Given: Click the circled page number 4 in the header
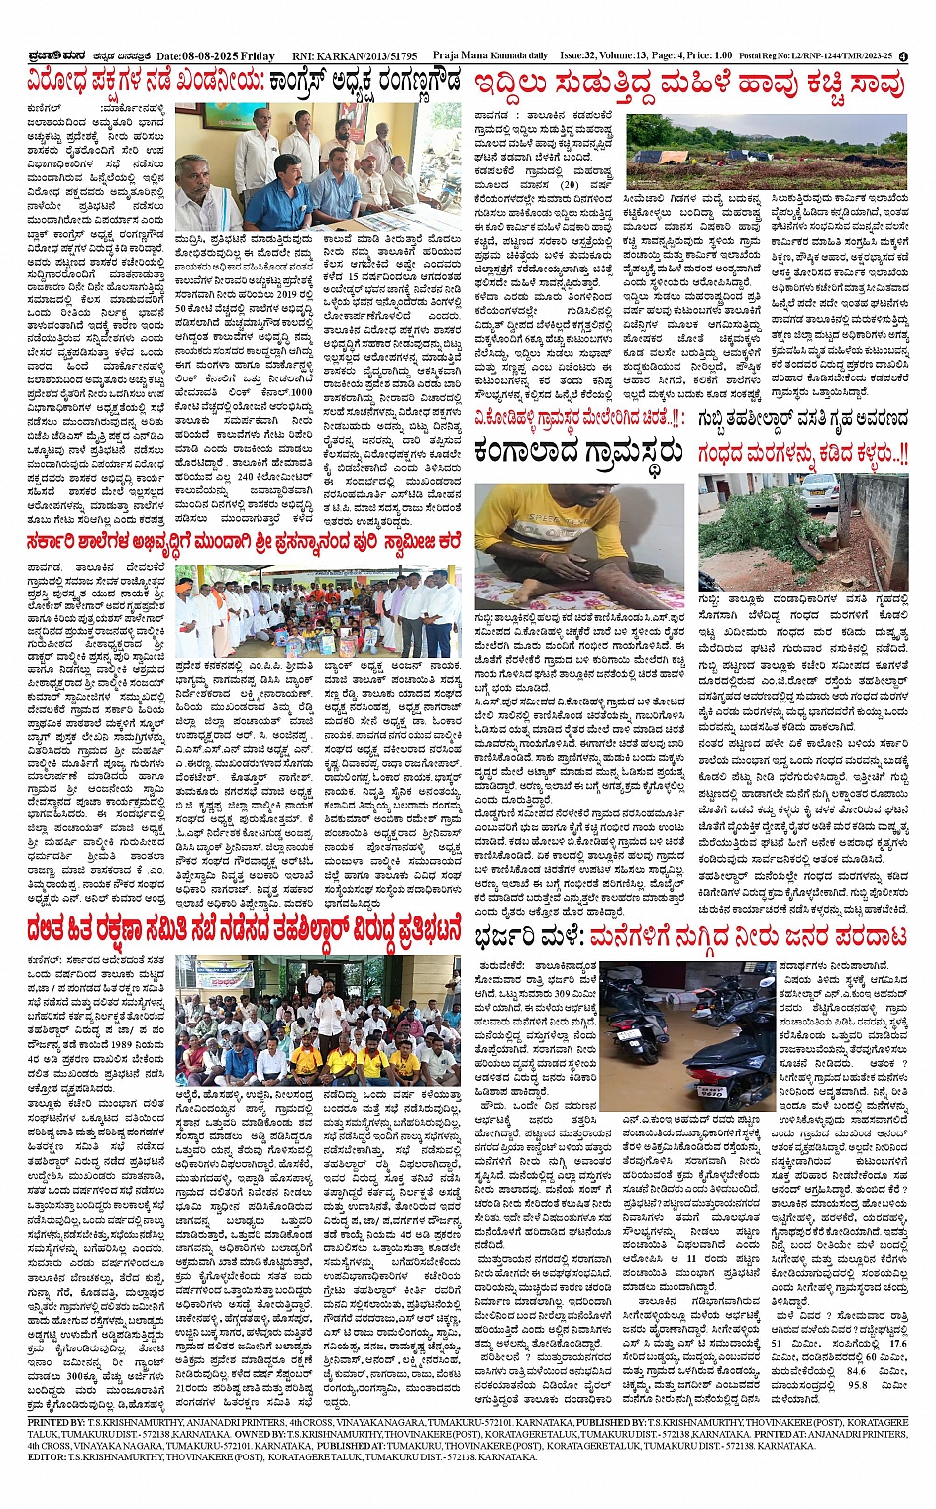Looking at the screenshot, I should (x=903, y=56).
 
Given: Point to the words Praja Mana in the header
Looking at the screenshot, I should (x=459, y=56).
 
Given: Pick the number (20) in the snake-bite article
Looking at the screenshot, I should (x=569, y=185).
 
